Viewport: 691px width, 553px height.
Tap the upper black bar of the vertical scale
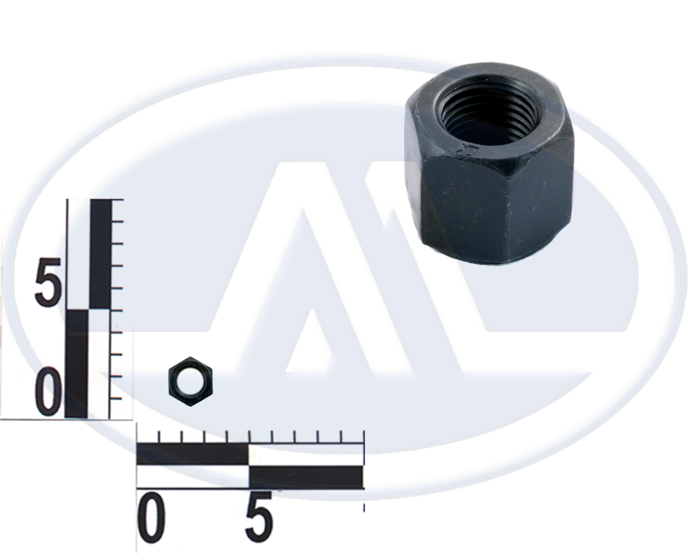coord(100,254)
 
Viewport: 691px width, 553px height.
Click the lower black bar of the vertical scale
coord(77,364)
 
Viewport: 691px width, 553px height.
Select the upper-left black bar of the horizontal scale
coord(192,454)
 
